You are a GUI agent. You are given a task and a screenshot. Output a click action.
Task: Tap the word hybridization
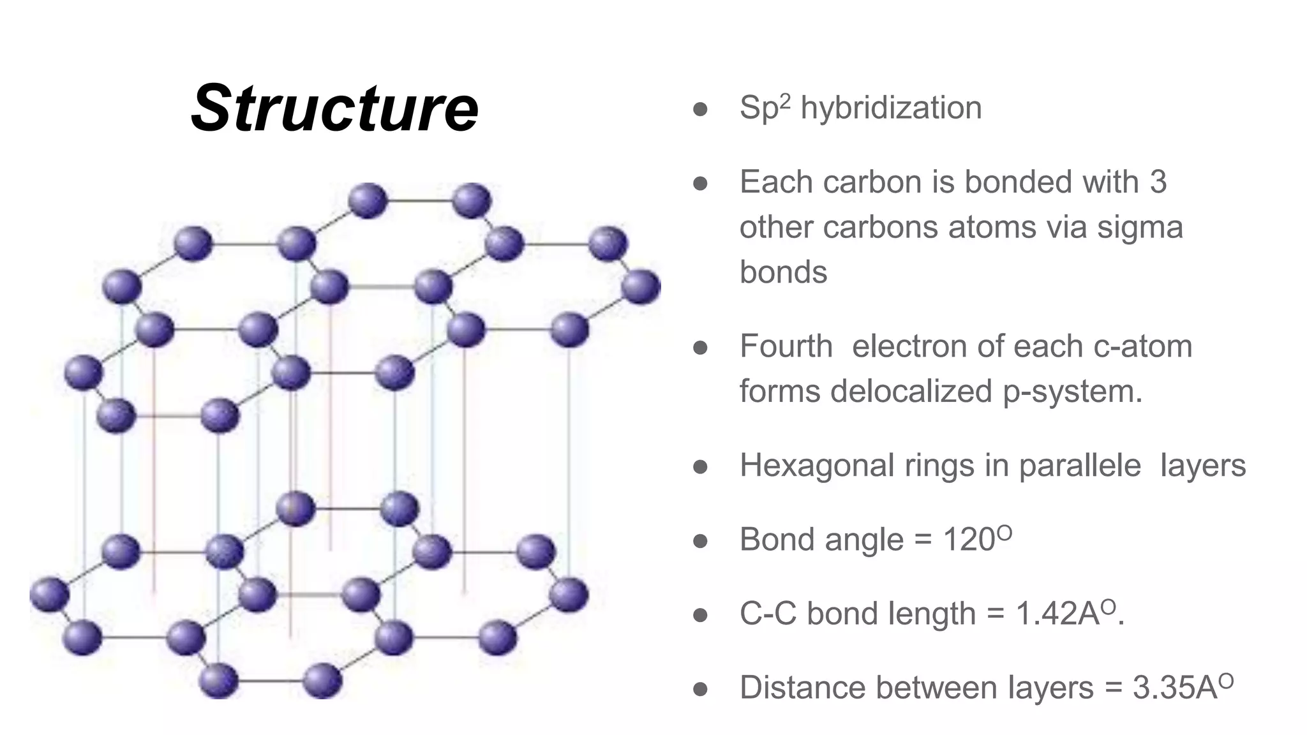click(891, 107)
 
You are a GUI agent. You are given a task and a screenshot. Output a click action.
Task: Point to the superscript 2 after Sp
click(785, 100)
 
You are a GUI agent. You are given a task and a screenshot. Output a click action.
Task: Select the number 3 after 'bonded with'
click(1158, 182)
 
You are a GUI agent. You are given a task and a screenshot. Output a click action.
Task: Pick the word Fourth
click(786, 346)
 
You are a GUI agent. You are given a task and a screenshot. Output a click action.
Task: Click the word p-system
click(1072, 392)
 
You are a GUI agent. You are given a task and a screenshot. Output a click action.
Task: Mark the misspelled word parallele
click(1079, 466)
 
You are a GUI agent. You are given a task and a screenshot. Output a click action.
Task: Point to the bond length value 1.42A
click(1057, 614)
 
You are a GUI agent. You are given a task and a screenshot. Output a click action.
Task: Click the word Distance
click(805, 688)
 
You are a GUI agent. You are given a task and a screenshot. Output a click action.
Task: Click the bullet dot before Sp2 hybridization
click(700, 109)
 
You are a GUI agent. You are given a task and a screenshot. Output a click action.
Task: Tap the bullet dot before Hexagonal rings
click(700, 467)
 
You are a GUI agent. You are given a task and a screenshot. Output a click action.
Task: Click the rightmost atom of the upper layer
click(640, 286)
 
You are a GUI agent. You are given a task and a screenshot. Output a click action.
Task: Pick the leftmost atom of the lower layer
click(49, 593)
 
